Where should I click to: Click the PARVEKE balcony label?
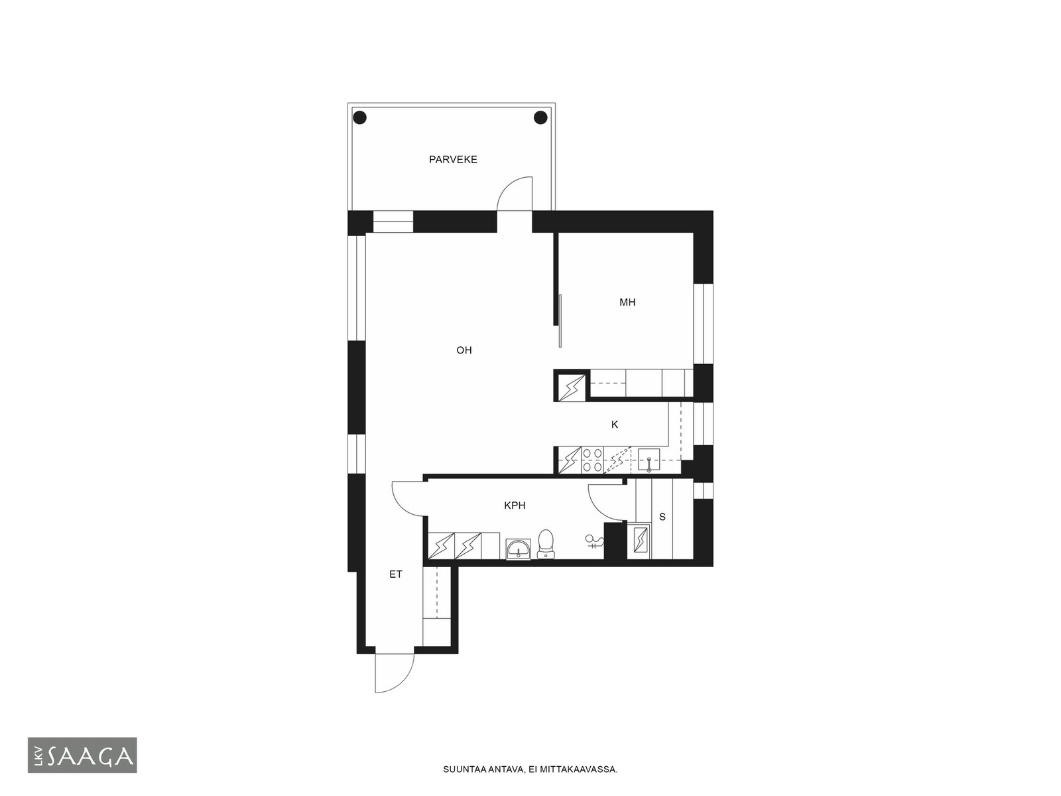[453, 159]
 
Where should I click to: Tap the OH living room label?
[464, 350]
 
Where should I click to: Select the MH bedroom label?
[627, 302]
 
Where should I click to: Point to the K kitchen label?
[615, 425]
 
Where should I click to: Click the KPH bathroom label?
[515, 505]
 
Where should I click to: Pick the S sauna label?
[662, 517]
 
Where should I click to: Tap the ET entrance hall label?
[396, 574]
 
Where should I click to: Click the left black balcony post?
[360, 117]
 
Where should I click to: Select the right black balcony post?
[540, 117]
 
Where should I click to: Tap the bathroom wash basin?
[518, 549]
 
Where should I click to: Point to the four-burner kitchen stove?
[593, 460]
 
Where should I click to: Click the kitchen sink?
[649, 460]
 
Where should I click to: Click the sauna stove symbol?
[640, 541]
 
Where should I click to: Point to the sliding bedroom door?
[560, 321]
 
